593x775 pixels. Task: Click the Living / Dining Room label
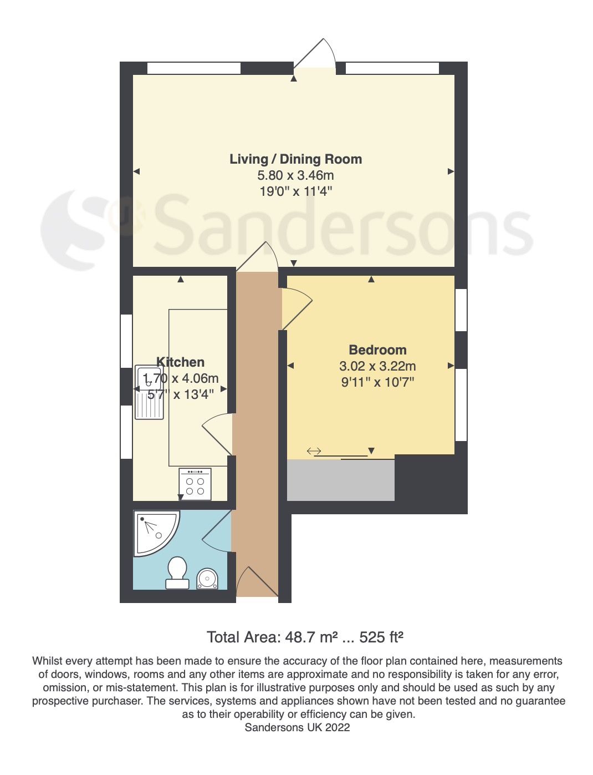coord(295,159)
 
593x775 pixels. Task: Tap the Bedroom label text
coord(377,350)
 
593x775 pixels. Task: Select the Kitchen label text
coord(180,362)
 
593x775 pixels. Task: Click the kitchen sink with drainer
coord(149,392)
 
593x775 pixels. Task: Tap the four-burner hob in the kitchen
coord(195,484)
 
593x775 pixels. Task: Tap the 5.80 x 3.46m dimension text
coord(295,176)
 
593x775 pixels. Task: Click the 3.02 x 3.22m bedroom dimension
coord(377,366)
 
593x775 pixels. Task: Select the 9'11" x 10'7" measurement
coord(377,382)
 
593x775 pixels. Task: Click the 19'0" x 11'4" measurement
coord(295,192)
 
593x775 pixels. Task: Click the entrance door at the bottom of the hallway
coord(257,583)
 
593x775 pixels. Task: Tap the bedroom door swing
coord(296,308)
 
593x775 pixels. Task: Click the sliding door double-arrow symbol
coord(314,452)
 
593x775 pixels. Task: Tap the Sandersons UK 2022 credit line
coord(297,727)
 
